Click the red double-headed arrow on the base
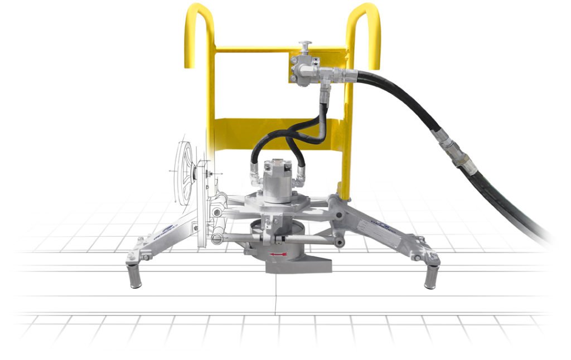[279, 255]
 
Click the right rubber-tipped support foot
[430, 276]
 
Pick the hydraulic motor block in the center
[277, 179]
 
